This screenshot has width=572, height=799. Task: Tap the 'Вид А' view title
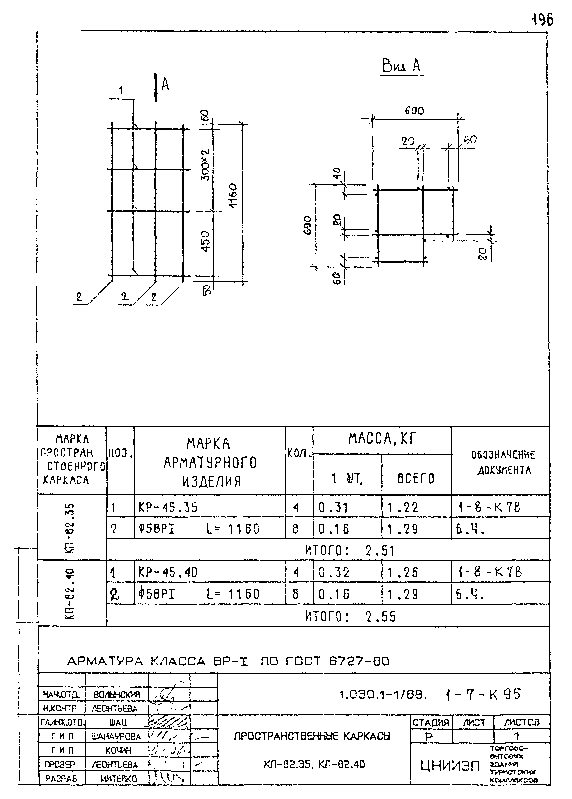coord(401,66)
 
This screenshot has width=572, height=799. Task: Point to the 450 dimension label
coord(206,242)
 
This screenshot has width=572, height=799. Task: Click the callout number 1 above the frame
coord(121,90)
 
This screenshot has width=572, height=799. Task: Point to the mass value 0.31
coord(333,508)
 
